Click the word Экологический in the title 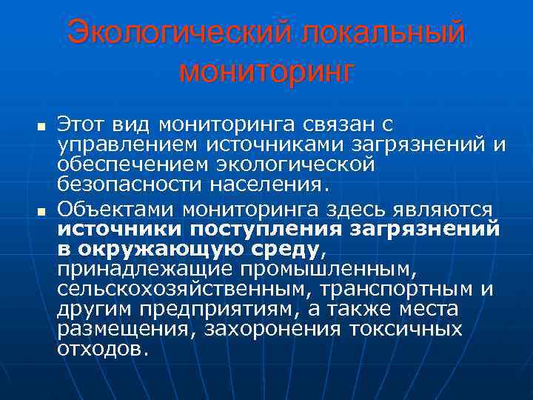pyautogui.click(x=177, y=34)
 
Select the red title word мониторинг pyautogui.click(x=266, y=73)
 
